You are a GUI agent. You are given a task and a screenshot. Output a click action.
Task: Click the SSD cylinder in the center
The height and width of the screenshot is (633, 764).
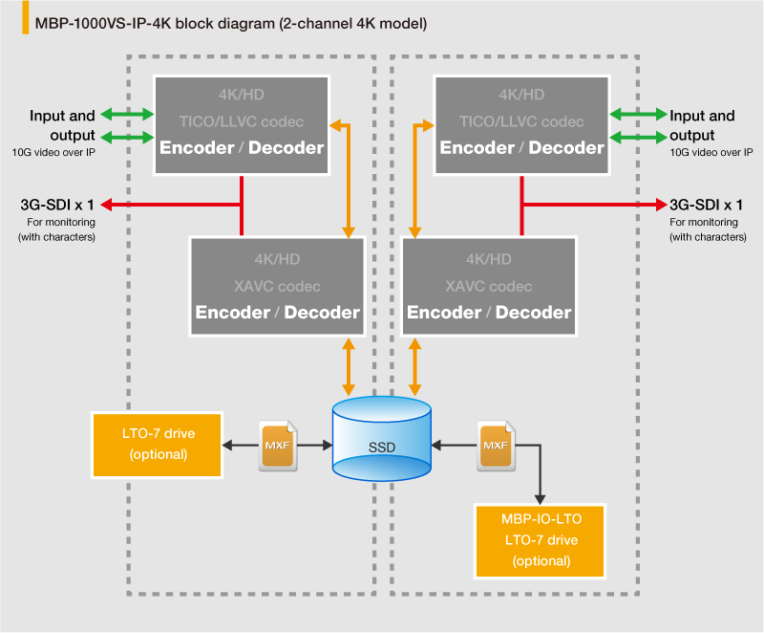point(381,439)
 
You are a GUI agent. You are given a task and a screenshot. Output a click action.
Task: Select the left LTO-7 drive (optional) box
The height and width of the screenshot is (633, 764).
point(158,445)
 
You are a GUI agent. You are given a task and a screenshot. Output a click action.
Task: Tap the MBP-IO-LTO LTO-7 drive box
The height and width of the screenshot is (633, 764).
point(541,541)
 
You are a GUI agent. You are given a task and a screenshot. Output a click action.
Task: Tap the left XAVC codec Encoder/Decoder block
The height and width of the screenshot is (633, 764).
point(277,286)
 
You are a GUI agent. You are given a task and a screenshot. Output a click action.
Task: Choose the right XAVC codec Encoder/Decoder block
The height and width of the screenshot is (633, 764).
point(489,286)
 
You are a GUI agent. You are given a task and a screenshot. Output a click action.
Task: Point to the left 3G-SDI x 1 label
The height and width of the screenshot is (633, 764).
point(56,204)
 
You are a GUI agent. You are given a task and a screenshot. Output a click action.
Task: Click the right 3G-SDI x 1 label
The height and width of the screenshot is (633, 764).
point(706,204)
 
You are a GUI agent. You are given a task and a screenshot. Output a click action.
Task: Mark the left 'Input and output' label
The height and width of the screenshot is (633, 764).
point(62,125)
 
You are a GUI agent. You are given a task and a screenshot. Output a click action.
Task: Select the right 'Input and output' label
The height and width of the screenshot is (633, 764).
point(702,125)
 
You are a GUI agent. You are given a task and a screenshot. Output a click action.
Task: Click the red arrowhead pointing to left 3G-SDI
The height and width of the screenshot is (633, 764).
point(107,204)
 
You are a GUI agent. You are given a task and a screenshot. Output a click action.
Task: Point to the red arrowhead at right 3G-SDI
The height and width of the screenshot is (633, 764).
point(660,204)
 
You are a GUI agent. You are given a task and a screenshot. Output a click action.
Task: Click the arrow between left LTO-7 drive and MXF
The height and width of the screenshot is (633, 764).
point(241,445)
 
